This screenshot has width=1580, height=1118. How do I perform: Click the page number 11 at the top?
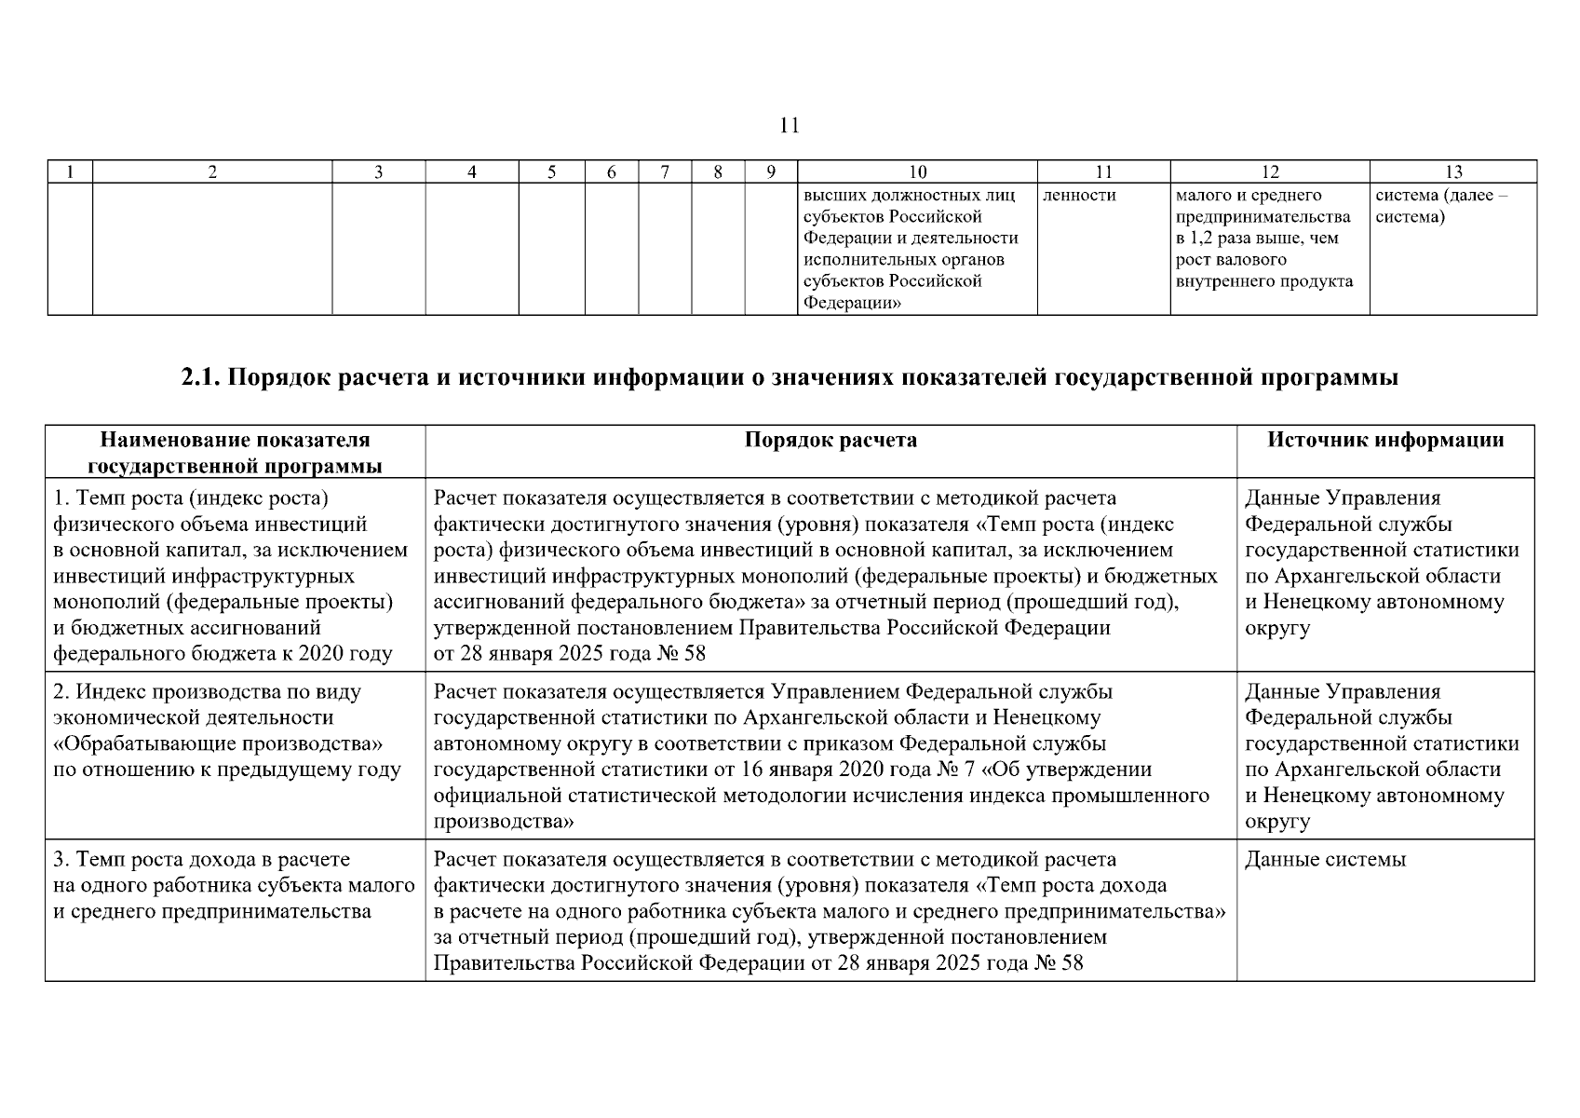pyautogui.click(x=789, y=125)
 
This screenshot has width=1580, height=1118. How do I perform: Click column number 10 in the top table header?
pyautogui.click(x=917, y=171)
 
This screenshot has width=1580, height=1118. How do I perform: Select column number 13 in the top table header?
pyautogui.click(x=1452, y=171)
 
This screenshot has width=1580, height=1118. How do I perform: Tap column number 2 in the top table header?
pyautogui.click(x=212, y=171)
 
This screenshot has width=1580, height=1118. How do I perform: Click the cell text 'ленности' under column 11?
pyautogui.click(x=1079, y=196)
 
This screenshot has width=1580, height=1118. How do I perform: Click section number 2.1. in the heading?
pyautogui.click(x=199, y=378)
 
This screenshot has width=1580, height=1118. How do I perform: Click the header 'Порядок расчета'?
pyautogui.click(x=831, y=440)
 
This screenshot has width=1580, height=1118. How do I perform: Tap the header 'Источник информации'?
pyautogui.click(x=1385, y=440)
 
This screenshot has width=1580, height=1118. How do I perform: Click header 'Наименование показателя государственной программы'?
pyautogui.click(x=235, y=453)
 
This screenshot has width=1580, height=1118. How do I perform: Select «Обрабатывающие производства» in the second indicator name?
pyautogui.click(x=219, y=744)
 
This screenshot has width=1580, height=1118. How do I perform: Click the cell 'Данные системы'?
pyautogui.click(x=1325, y=859)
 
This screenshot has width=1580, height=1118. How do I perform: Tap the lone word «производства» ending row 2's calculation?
pyautogui.click(x=504, y=822)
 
